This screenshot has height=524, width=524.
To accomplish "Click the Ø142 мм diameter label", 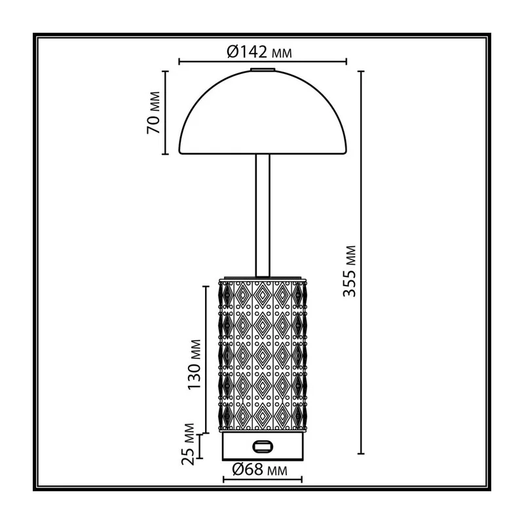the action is [259, 52].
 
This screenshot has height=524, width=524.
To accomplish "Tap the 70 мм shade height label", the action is [153, 113].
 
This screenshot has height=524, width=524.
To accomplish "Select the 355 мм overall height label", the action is [350, 271].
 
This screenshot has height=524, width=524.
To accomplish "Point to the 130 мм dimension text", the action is [194, 364].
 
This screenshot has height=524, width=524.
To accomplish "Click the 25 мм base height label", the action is [188, 444].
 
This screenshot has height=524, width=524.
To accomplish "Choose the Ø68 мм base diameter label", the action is [259, 470].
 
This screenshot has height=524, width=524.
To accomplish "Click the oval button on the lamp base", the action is [263, 447].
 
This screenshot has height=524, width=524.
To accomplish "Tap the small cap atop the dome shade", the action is [263, 70].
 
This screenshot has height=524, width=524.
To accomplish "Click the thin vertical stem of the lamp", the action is [263, 215].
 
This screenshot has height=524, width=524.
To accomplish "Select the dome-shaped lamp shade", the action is [263, 112].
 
